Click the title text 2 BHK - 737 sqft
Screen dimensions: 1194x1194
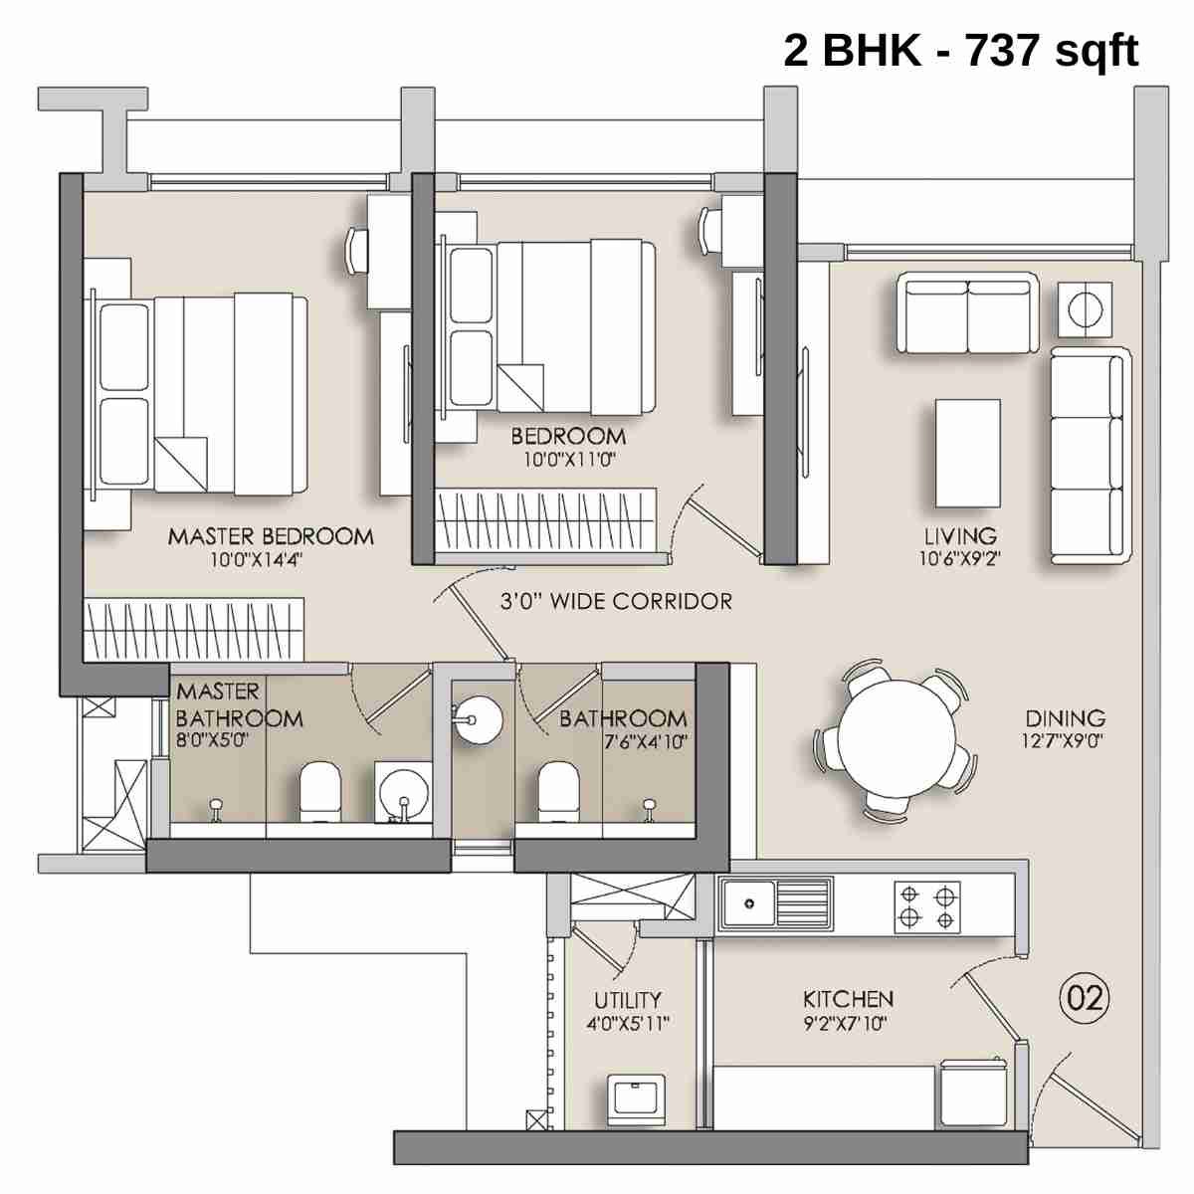960,50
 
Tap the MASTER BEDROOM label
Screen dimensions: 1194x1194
270,536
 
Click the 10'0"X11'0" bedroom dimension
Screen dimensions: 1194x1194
569,460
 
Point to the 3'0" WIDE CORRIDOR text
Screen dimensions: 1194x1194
616,601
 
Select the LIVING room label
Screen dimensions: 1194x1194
959,536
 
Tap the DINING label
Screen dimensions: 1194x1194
1065,717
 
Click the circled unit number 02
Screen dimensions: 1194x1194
1085,996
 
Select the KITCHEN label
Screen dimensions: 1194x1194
848,998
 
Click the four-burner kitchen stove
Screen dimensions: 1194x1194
927,905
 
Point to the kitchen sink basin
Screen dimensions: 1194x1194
749,903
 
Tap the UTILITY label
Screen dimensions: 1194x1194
627,1000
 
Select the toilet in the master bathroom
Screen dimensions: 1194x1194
320,792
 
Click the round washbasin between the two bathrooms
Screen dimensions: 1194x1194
479,717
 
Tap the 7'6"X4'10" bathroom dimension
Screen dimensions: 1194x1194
646,741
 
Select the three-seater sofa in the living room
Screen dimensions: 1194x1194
1091,456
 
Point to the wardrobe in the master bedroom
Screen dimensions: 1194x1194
193,628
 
